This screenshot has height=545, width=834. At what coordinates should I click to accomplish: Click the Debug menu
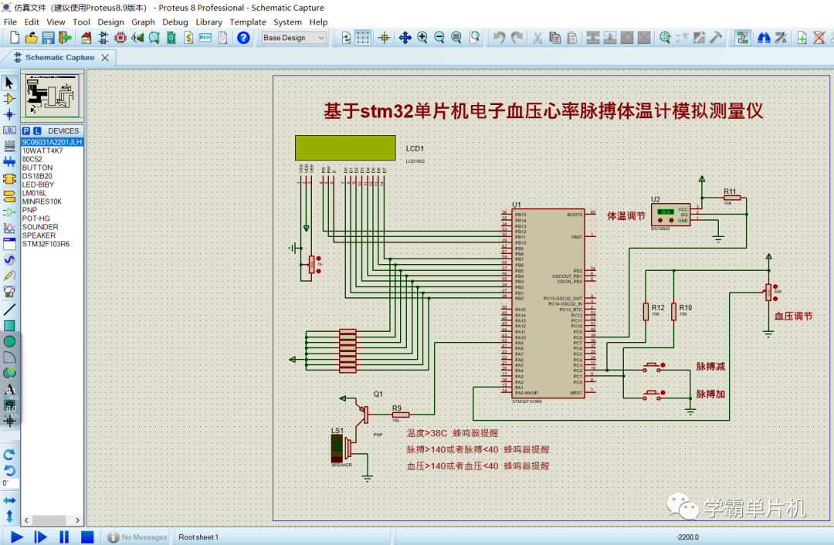click(x=175, y=22)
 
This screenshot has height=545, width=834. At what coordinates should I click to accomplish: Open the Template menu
click(x=248, y=22)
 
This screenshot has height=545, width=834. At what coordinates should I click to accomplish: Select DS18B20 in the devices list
click(x=37, y=176)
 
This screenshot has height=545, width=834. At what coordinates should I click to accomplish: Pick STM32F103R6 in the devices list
click(x=46, y=244)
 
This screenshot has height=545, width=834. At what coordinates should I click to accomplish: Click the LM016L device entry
click(x=34, y=193)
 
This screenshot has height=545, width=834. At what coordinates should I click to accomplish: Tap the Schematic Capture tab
click(x=59, y=57)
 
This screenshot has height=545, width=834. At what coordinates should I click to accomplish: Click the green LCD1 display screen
click(x=347, y=148)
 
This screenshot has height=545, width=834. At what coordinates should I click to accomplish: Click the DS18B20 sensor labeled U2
click(x=670, y=214)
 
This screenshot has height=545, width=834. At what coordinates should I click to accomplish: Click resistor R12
click(x=646, y=311)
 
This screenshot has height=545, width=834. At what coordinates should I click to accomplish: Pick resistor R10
click(x=673, y=311)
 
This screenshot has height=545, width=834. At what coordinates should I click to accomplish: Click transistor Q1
click(x=361, y=410)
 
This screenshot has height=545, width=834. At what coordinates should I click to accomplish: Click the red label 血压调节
click(x=793, y=317)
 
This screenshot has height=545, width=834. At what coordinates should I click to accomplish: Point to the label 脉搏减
click(x=710, y=367)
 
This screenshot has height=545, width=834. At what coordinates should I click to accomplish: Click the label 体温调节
click(x=625, y=216)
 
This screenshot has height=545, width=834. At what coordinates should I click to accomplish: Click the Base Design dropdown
click(x=294, y=38)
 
